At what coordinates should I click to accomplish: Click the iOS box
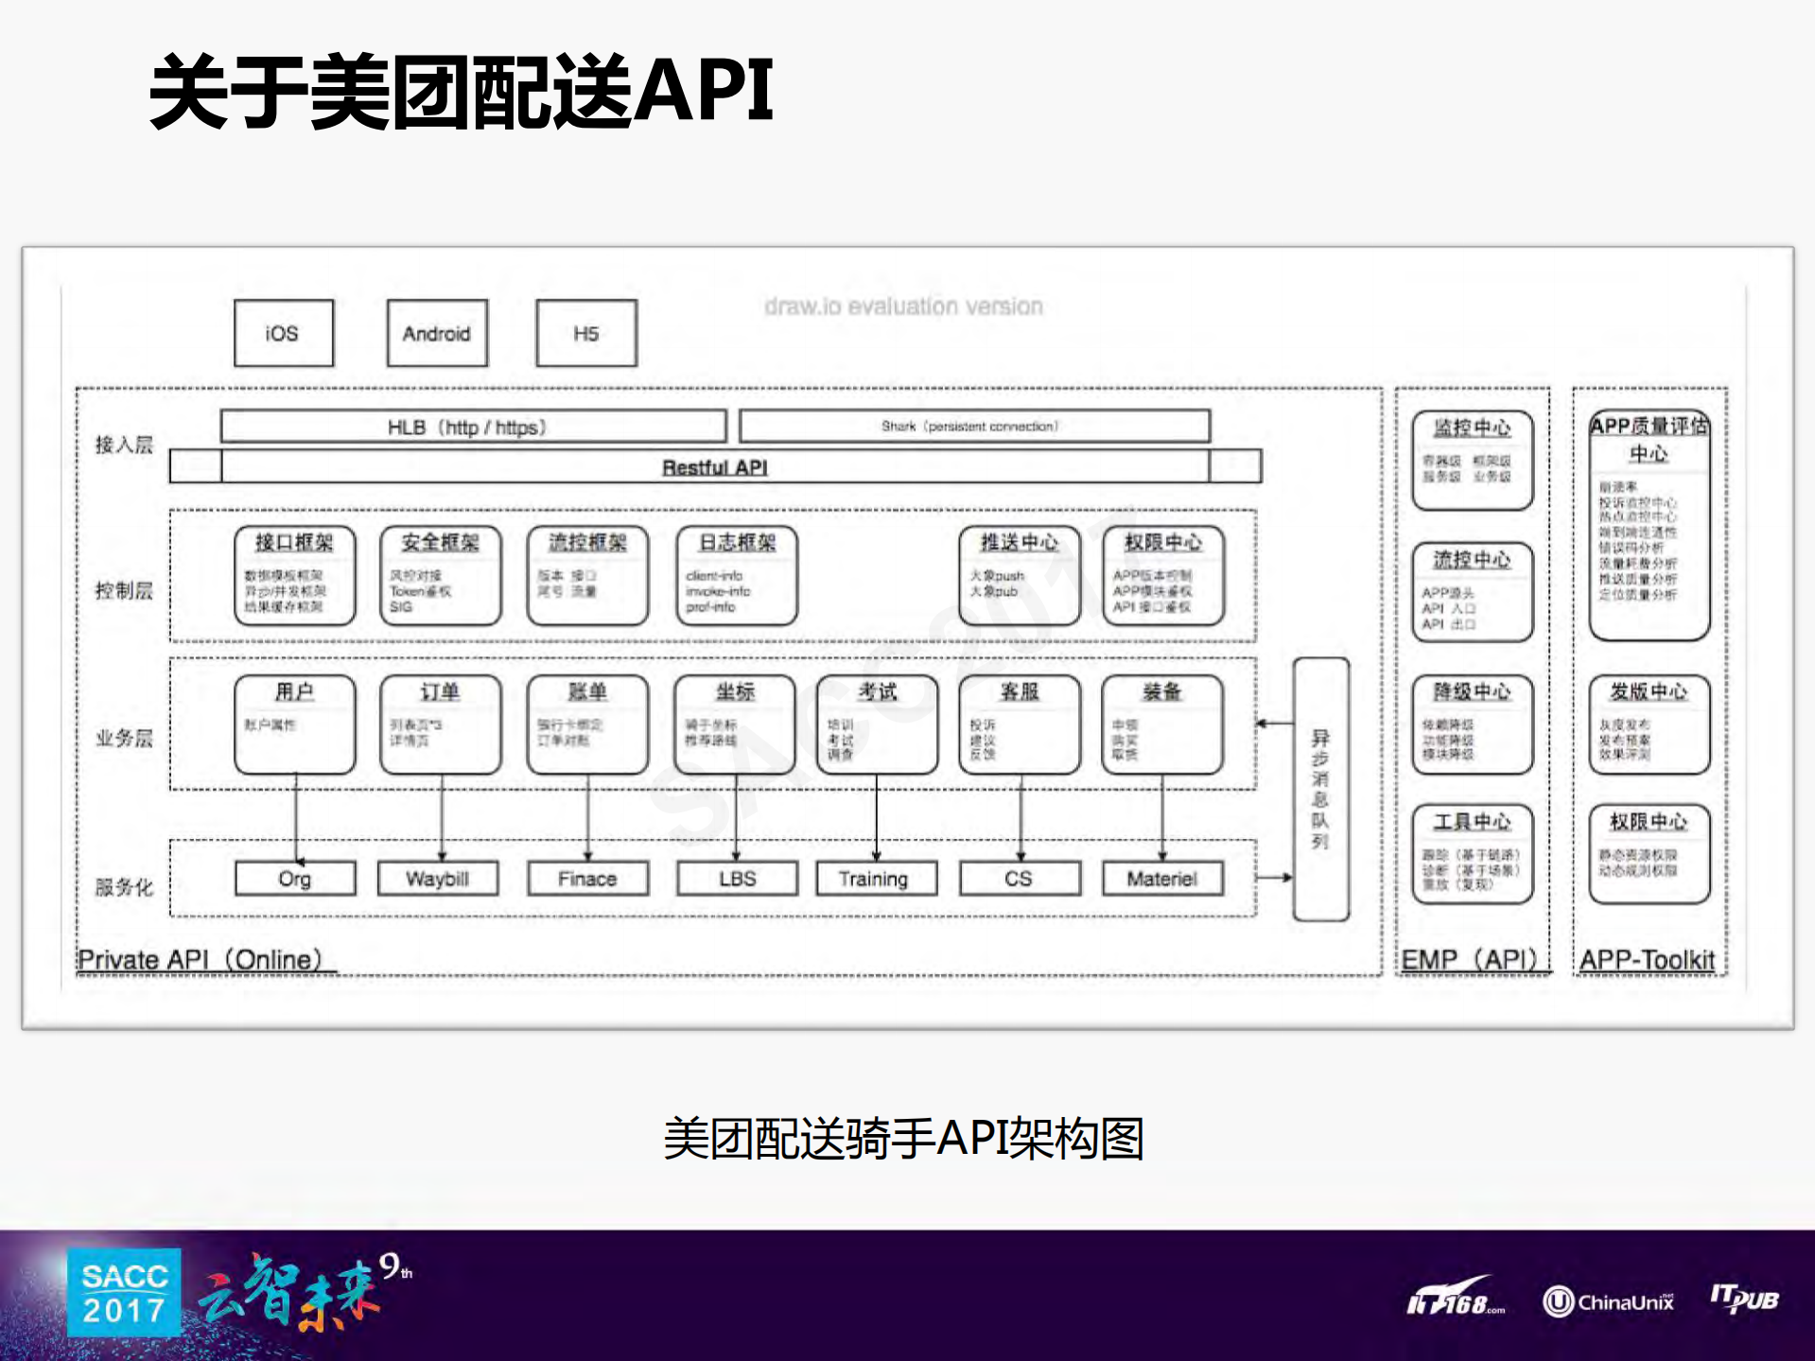283,333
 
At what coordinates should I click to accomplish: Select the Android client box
436,333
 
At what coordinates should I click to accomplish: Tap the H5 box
585,333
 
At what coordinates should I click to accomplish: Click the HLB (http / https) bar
472,427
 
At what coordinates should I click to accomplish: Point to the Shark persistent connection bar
973,427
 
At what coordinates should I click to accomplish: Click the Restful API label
714,467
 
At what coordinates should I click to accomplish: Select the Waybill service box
437,879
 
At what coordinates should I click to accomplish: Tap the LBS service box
737,879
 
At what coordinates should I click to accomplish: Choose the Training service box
874,879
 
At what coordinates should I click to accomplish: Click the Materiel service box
1161,879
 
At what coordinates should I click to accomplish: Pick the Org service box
294,879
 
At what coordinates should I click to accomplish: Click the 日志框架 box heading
737,543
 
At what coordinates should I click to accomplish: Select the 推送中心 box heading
1019,543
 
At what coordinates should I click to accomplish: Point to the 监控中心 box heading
1472,428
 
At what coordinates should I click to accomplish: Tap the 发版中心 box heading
1649,692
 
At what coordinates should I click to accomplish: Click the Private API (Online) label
200,960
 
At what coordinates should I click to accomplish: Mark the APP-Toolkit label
1647,960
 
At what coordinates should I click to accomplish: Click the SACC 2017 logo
124,1293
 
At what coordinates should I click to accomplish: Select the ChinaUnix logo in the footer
1608,1302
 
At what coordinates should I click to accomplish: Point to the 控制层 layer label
124,591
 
